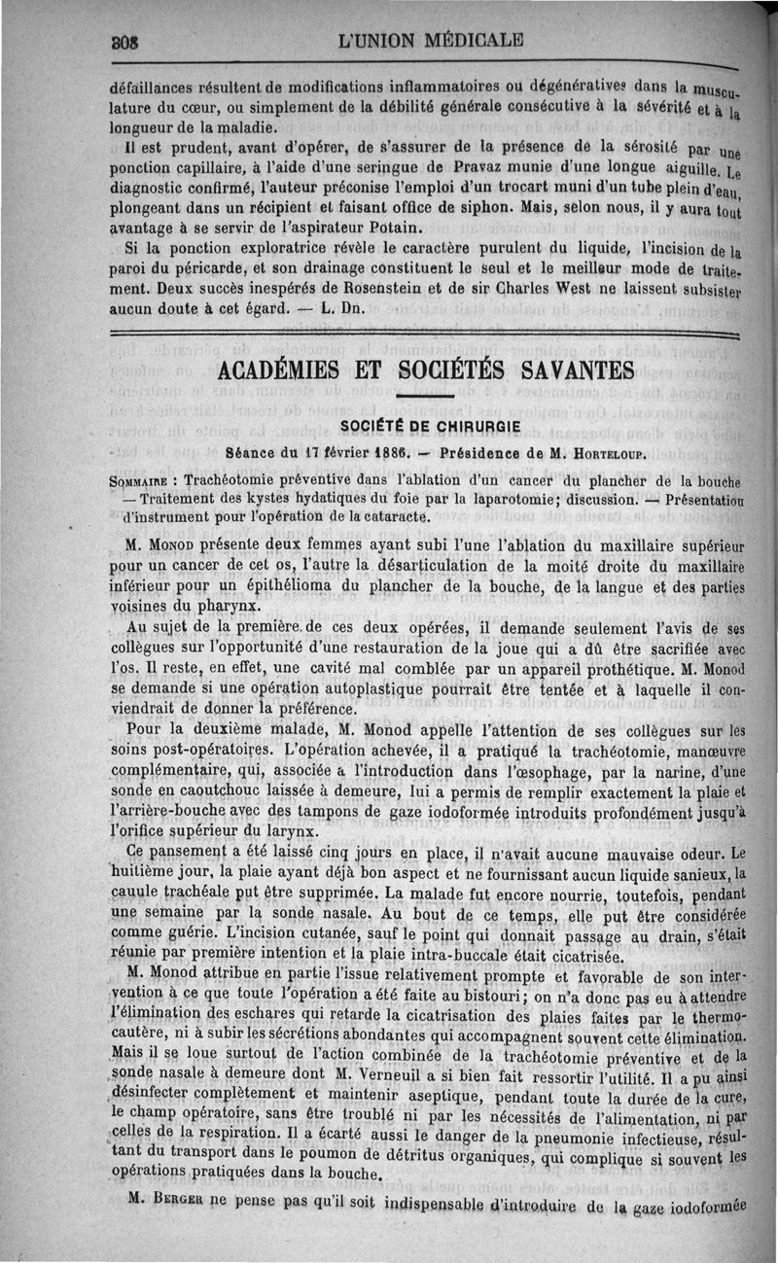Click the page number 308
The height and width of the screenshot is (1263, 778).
tap(124, 42)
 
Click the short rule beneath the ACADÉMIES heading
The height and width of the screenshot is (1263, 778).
tap(424, 396)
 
